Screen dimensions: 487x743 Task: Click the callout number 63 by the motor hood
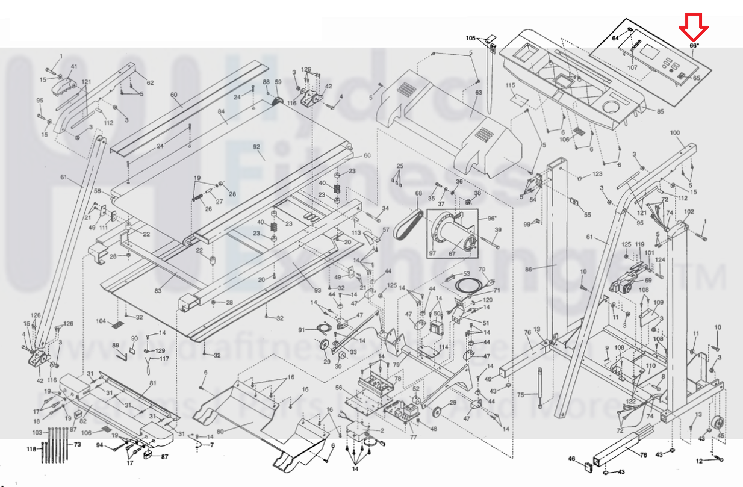479,93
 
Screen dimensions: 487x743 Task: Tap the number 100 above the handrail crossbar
674,132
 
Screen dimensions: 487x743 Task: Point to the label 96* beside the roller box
491,218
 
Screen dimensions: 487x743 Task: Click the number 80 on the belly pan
220,431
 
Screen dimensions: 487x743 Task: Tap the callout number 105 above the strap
471,38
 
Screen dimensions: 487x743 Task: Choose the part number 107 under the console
632,67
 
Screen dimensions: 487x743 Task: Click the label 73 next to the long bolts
77,444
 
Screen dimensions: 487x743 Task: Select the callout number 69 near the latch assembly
648,280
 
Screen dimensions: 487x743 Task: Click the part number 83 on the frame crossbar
158,291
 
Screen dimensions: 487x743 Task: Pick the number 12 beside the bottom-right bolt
699,461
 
